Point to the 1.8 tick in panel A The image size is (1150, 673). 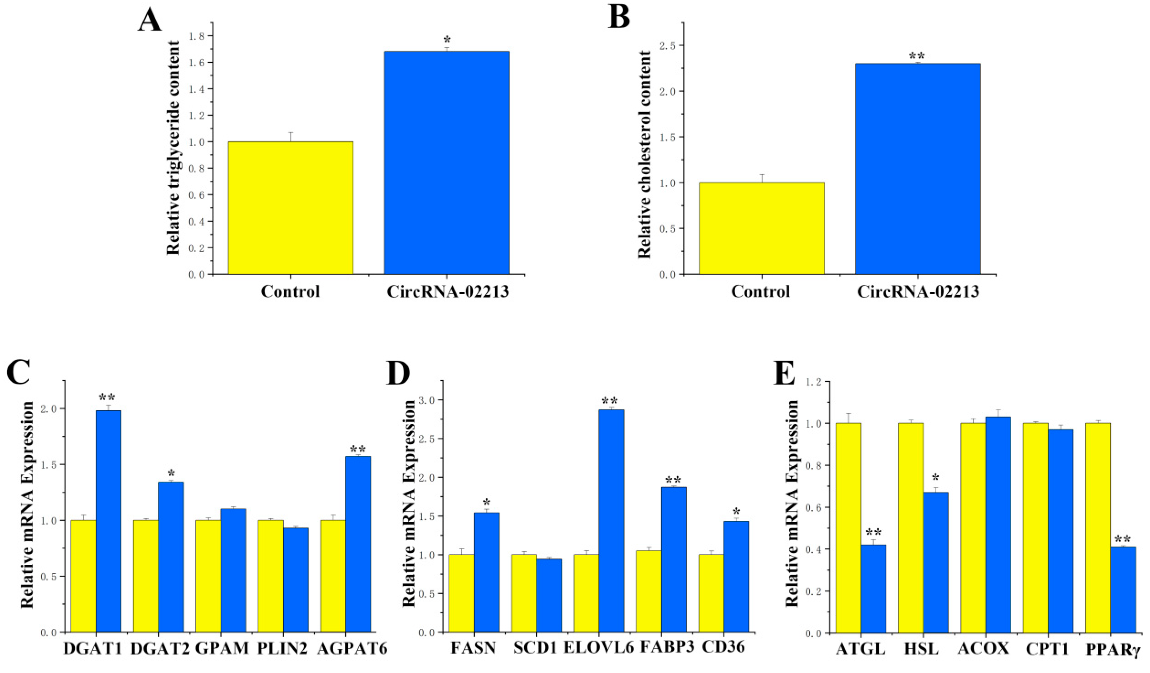[199, 36]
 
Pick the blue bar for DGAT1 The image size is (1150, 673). [108, 521]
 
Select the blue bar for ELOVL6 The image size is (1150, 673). [611, 521]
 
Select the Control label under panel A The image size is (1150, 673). [290, 291]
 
